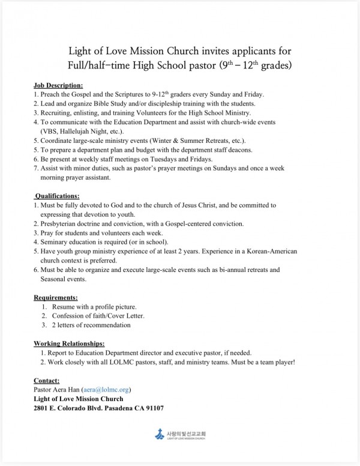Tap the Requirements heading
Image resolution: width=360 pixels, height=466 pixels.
56,297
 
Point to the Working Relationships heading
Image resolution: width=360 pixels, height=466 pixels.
69,343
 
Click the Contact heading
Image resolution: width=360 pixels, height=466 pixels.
47,381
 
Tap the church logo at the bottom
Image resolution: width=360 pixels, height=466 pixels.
179,434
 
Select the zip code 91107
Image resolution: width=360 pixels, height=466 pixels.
154,408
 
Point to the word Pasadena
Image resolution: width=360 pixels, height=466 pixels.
111,408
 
